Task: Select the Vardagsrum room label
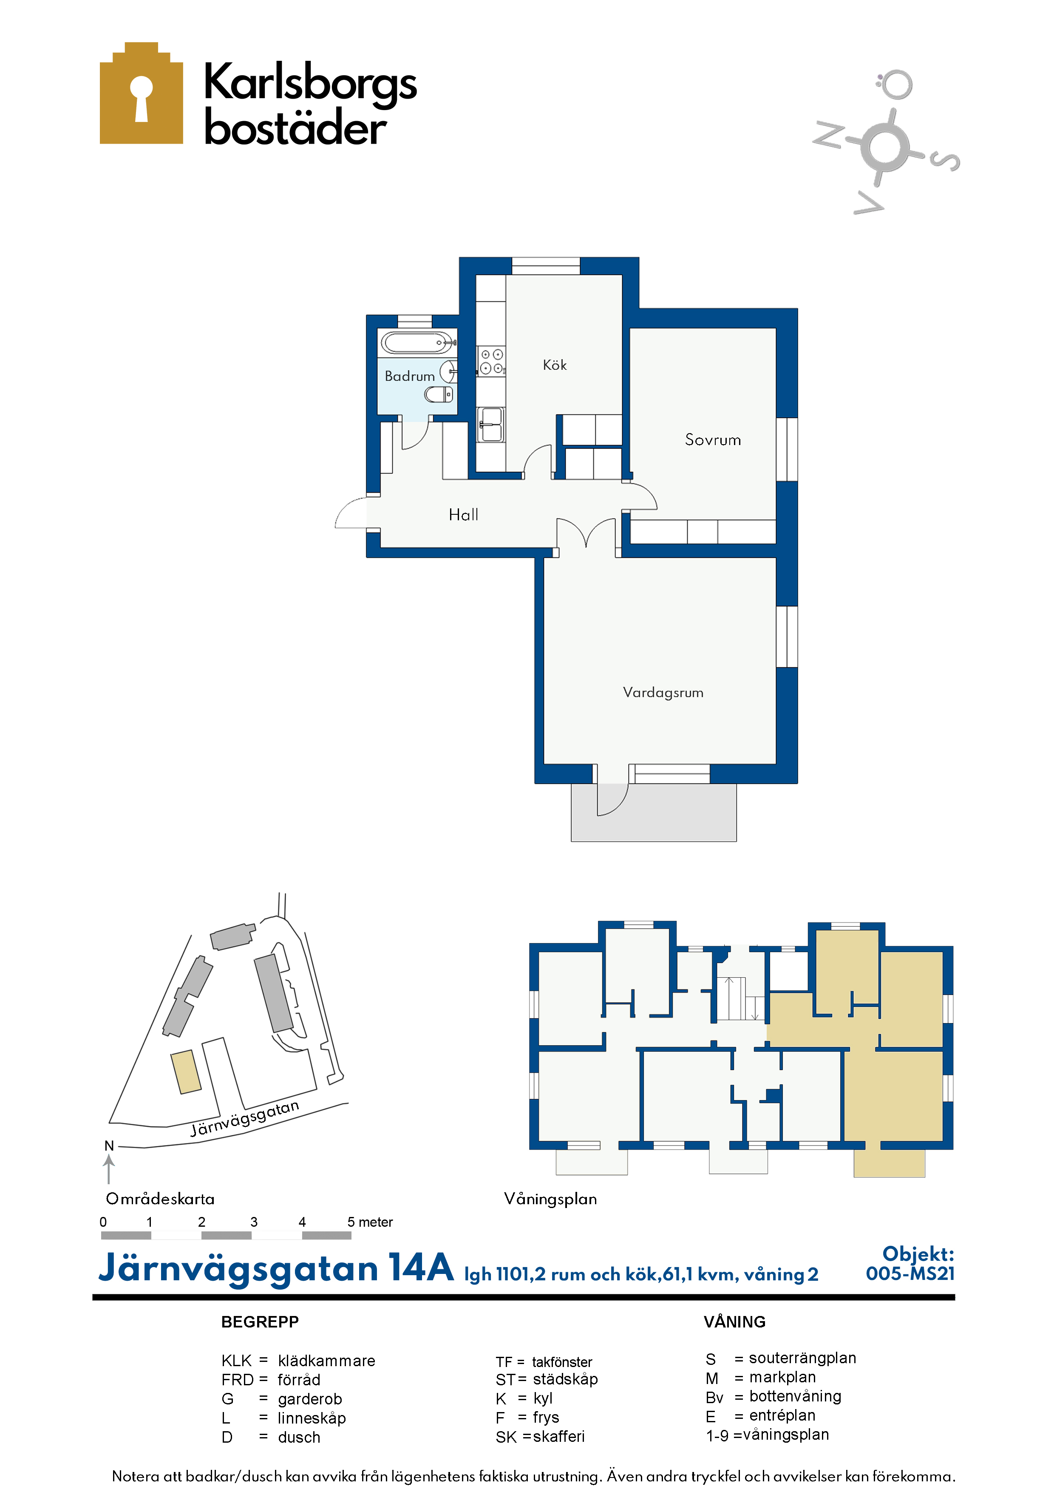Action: point(663,693)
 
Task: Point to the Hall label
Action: point(463,515)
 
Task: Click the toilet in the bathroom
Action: point(439,394)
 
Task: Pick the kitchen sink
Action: point(490,424)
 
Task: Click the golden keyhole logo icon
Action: point(141,93)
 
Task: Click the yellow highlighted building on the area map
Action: point(186,1072)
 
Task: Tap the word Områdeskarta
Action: point(160,1199)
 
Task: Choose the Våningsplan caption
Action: point(550,1199)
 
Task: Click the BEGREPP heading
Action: point(260,1322)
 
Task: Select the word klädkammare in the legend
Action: point(327,1361)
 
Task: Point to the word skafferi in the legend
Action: point(559,1436)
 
